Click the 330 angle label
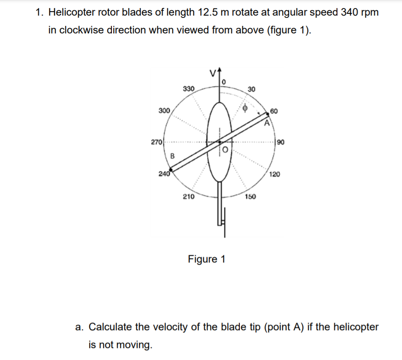click(189, 89)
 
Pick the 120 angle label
click(275, 175)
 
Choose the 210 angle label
click(189, 196)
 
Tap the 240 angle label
click(164, 174)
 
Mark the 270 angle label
click(156, 143)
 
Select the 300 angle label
click(164, 110)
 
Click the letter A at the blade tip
click(267, 123)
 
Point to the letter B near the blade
click(173, 155)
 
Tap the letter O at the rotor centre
click(225, 150)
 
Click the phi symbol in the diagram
click(244, 108)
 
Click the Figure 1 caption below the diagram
click(207, 259)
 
